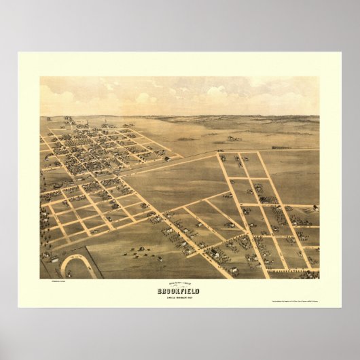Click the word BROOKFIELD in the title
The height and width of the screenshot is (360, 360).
tap(180, 291)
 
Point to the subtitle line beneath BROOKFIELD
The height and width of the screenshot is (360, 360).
tap(180, 296)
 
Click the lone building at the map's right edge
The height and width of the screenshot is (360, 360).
tap(315, 208)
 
